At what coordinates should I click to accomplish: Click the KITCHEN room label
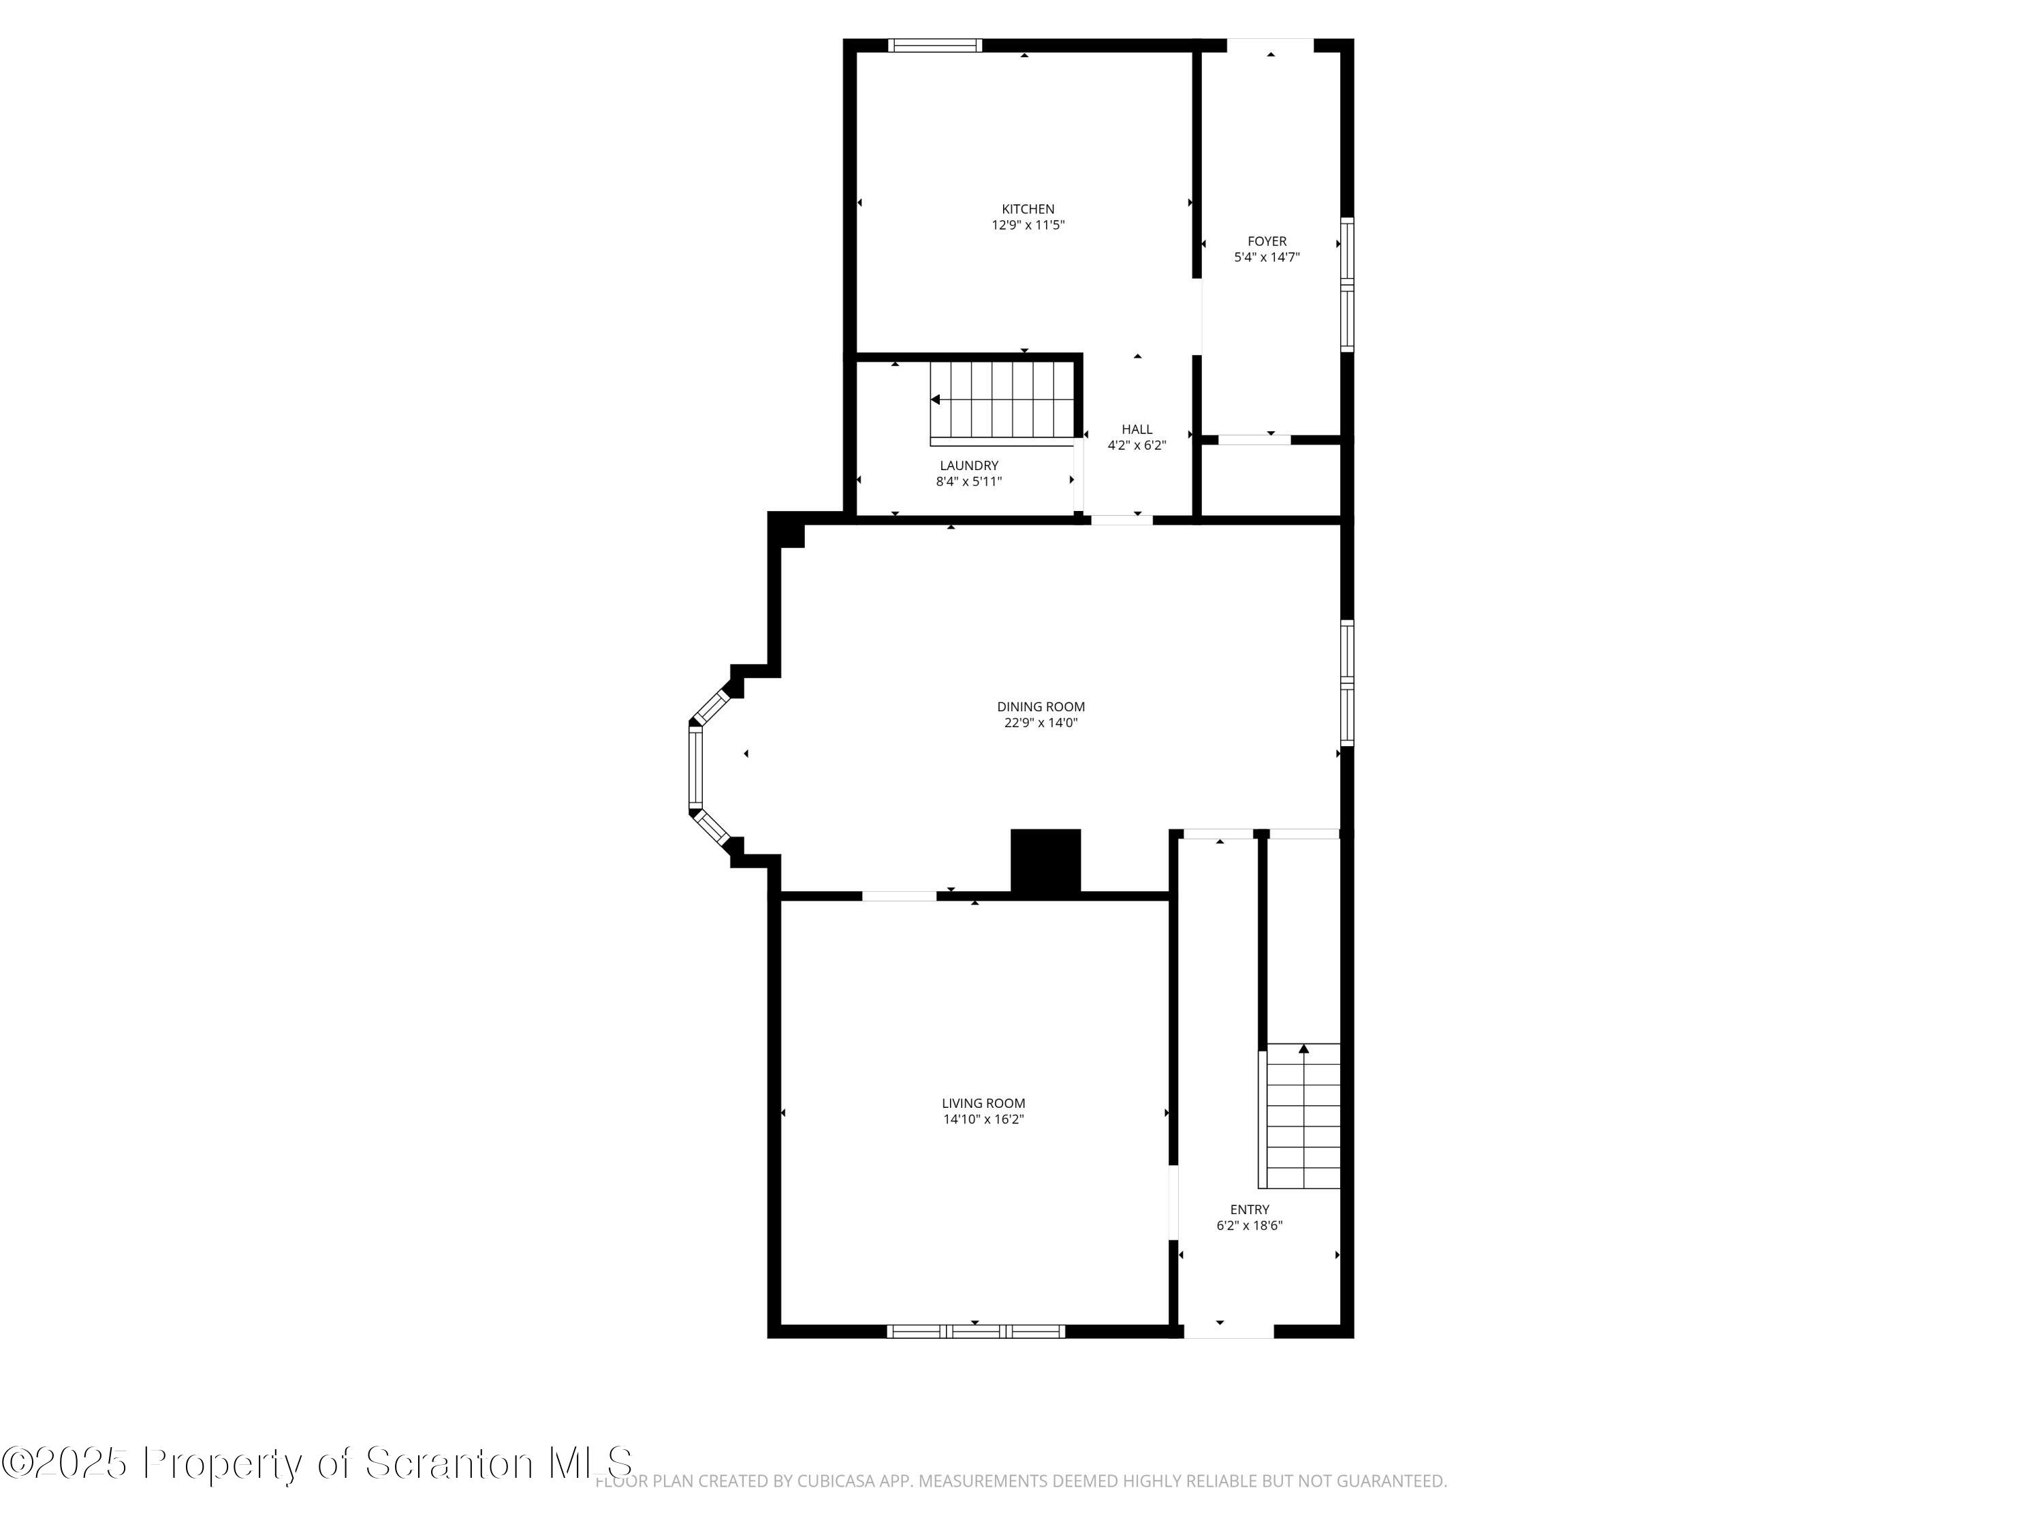[1028, 209]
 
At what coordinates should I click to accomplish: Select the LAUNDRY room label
[969, 466]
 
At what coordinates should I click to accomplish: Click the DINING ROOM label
[1041, 707]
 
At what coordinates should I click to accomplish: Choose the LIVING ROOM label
[983, 1103]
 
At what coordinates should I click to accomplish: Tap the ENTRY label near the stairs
[1250, 1209]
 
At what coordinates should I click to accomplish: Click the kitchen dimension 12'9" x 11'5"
[1028, 225]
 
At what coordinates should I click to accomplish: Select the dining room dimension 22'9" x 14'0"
[1041, 723]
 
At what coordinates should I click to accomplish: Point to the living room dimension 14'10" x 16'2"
[983, 1119]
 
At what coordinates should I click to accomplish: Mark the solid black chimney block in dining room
[1045, 861]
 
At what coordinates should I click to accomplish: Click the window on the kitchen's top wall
[935, 45]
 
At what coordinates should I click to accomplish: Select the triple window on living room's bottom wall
[975, 1331]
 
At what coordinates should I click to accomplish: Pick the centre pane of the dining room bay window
[695, 768]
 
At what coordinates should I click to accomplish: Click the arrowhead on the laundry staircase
[935, 400]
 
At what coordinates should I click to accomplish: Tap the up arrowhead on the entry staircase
[1303, 1049]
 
